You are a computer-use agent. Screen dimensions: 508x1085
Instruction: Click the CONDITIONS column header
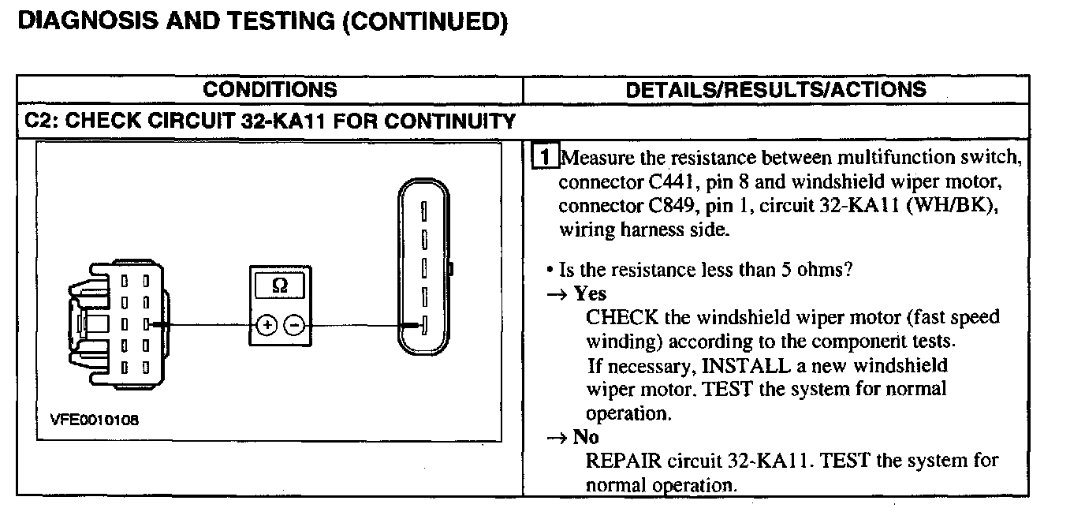[270, 89]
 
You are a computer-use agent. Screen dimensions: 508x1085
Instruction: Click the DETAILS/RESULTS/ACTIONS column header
[776, 89]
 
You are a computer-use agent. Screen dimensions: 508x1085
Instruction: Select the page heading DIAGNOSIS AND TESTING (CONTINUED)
[261, 22]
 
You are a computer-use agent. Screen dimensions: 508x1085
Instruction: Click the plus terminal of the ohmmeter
[266, 324]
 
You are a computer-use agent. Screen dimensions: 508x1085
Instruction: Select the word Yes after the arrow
[590, 293]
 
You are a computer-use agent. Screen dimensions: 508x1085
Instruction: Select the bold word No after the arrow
[586, 437]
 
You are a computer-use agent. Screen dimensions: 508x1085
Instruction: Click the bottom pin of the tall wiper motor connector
[423, 324]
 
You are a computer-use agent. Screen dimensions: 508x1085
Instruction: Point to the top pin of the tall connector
[423, 211]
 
